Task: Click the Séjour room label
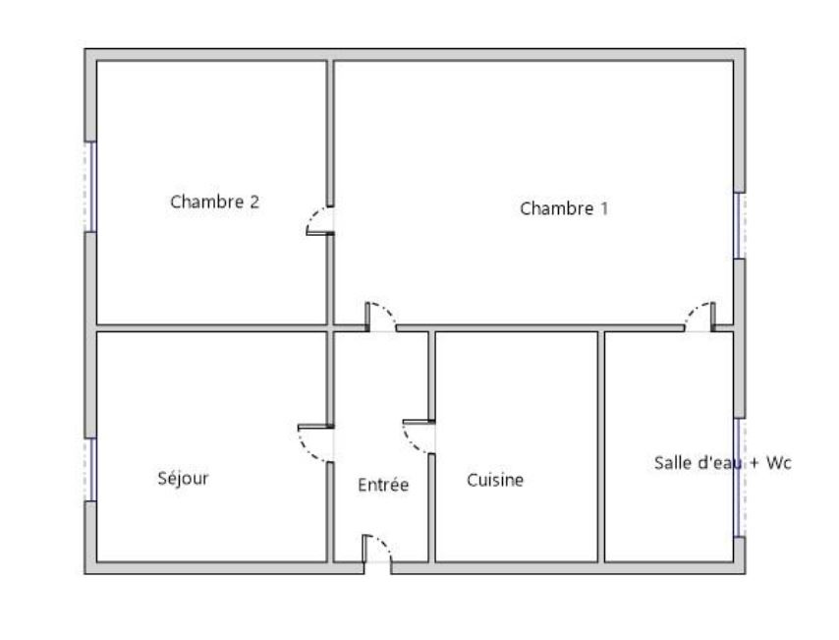pyautogui.click(x=183, y=478)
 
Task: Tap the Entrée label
pyautogui.click(x=383, y=485)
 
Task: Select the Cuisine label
pyautogui.click(x=495, y=480)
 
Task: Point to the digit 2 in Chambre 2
pyautogui.click(x=254, y=202)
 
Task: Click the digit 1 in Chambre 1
pyautogui.click(x=604, y=208)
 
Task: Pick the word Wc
pyautogui.click(x=778, y=463)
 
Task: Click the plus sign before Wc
pyautogui.click(x=755, y=463)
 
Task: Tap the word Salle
pyautogui.click(x=673, y=463)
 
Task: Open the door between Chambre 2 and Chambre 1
pyautogui.click(x=320, y=220)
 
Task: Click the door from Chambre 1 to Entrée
pyautogui.click(x=381, y=318)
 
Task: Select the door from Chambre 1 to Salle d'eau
pyautogui.click(x=699, y=318)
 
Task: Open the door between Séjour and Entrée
pyautogui.click(x=315, y=443)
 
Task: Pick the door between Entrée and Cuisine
pyautogui.click(x=419, y=436)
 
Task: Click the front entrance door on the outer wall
pyautogui.click(x=377, y=549)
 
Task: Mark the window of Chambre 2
pyautogui.click(x=92, y=187)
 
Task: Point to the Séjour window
pyautogui.click(x=92, y=470)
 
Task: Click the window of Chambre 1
pyautogui.click(x=739, y=225)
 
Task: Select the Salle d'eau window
pyautogui.click(x=739, y=477)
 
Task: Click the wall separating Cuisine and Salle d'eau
pyautogui.click(x=601, y=446)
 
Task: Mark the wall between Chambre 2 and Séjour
pyautogui.click(x=211, y=327)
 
